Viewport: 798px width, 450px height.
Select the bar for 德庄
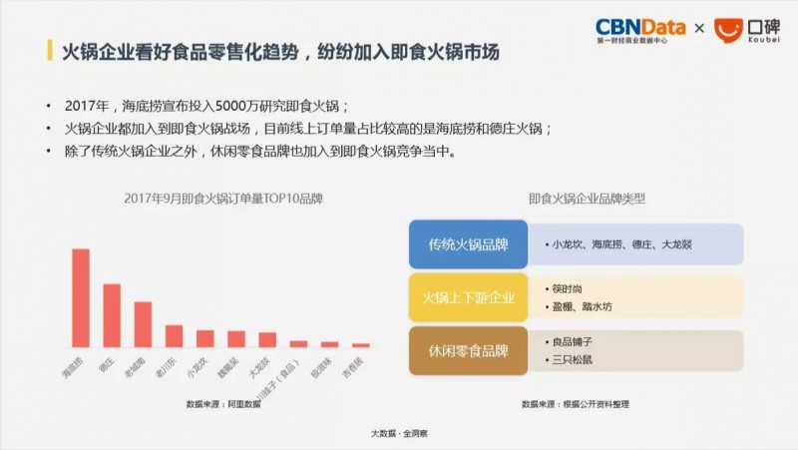[112, 315]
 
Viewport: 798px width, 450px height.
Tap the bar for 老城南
[143, 323]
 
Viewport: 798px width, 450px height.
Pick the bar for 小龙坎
[205, 338]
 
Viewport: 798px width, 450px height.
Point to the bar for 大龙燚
[267, 339]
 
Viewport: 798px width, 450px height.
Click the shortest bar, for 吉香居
[361, 345]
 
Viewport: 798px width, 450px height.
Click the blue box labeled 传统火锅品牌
[468, 244]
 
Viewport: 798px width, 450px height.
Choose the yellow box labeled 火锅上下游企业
[468, 296]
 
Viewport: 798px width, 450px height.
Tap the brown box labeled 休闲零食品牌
[468, 350]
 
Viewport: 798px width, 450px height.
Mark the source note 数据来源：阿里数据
[223, 404]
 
